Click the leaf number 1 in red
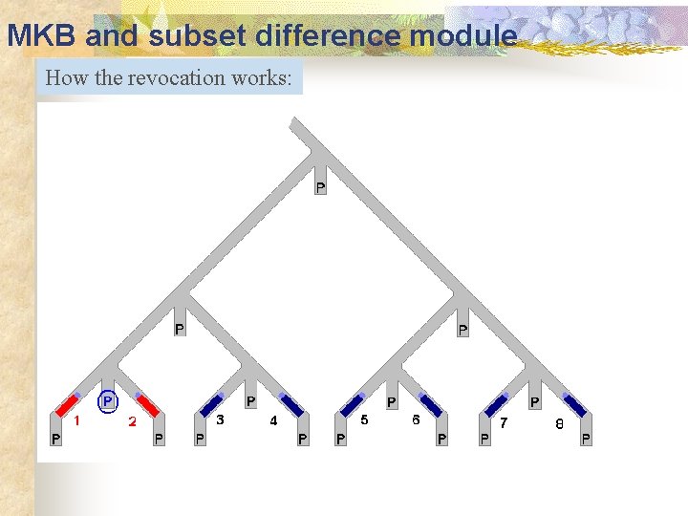point(77,419)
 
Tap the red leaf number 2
point(133,420)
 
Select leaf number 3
point(221,419)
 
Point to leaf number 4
point(274,420)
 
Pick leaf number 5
point(365,419)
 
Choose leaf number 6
point(416,419)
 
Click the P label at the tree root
point(320,187)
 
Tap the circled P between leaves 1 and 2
point(108,401)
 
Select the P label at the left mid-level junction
point(179,330)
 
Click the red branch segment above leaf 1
point(67,404)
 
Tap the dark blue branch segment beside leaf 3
point(212,404)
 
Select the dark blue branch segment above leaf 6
point(430,404)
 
